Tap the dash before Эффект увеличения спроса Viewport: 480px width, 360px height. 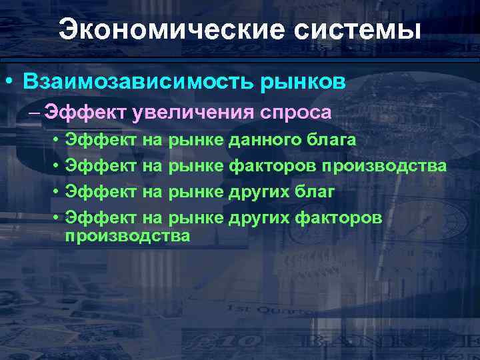pos(34,112)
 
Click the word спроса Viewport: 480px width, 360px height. pos(295,112)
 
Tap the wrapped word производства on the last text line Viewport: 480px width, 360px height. pos(127,235)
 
